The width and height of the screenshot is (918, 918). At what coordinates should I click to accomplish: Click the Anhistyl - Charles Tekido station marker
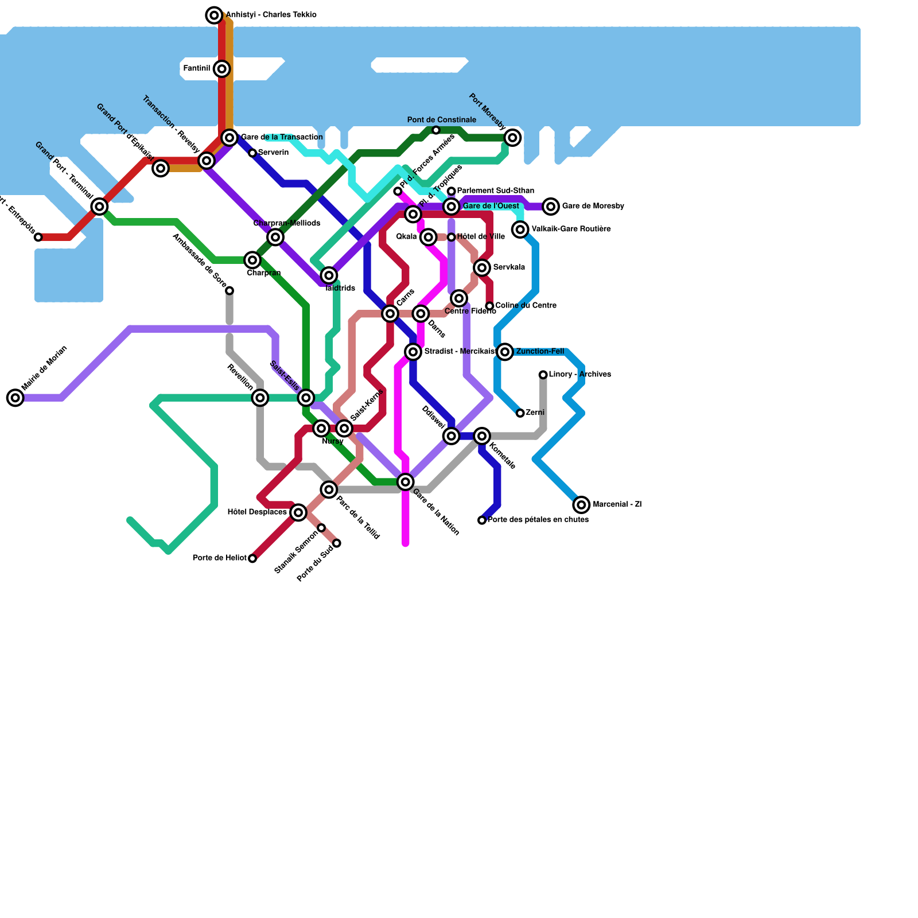214,15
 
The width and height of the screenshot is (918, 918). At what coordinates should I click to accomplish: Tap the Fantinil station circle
222,69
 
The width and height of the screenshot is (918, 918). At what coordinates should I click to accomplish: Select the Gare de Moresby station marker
551,207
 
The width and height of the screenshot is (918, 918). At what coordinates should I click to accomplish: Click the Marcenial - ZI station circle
581,505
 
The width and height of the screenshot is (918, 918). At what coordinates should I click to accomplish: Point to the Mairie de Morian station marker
15,398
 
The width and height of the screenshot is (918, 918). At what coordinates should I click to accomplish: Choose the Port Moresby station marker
513,138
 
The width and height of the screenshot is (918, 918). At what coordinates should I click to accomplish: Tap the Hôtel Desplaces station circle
298,512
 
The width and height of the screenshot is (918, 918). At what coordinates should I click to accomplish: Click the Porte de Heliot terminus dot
252,558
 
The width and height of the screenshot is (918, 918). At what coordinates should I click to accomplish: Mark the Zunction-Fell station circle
505,352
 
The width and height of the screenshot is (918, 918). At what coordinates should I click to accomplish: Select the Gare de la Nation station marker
406,482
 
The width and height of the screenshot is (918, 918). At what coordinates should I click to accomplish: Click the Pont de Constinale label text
441,120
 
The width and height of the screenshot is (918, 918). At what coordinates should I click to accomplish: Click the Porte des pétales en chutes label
538,520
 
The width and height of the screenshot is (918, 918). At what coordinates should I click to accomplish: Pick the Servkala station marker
482,267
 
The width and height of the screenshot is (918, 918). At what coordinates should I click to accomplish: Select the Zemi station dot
520,413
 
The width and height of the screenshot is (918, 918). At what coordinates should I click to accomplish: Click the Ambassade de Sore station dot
229,291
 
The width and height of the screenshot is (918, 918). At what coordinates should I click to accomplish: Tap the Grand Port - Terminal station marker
100,207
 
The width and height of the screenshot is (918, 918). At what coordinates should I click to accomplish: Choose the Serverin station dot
252,153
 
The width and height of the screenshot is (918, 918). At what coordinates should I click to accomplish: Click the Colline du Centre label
526,305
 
